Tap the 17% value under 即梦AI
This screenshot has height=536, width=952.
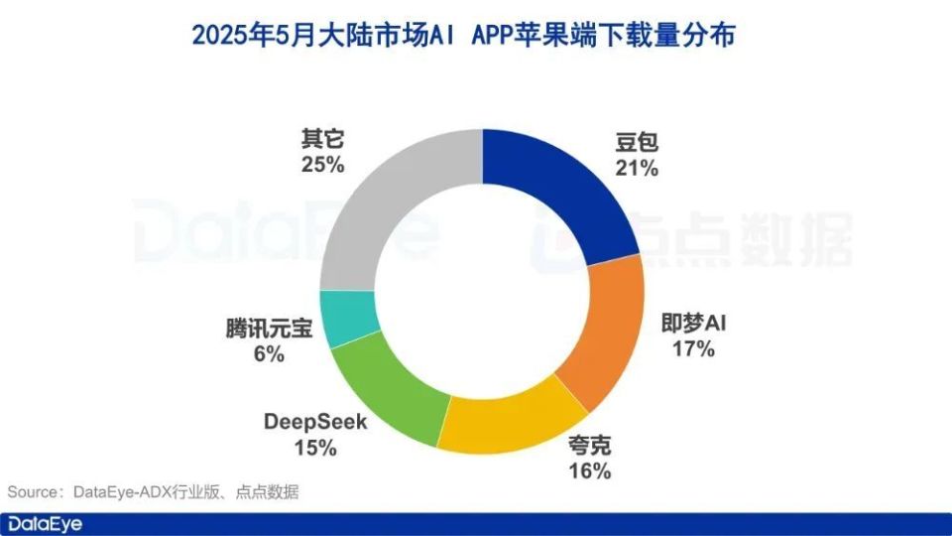point(693,348)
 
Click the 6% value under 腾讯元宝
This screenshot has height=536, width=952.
point(269,353)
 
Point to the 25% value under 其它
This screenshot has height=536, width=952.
point(322,164)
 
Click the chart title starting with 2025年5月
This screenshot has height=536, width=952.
point(475,36)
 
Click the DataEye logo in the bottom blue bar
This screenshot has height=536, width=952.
point(46,523)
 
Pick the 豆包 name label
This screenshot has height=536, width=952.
point(636,142)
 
